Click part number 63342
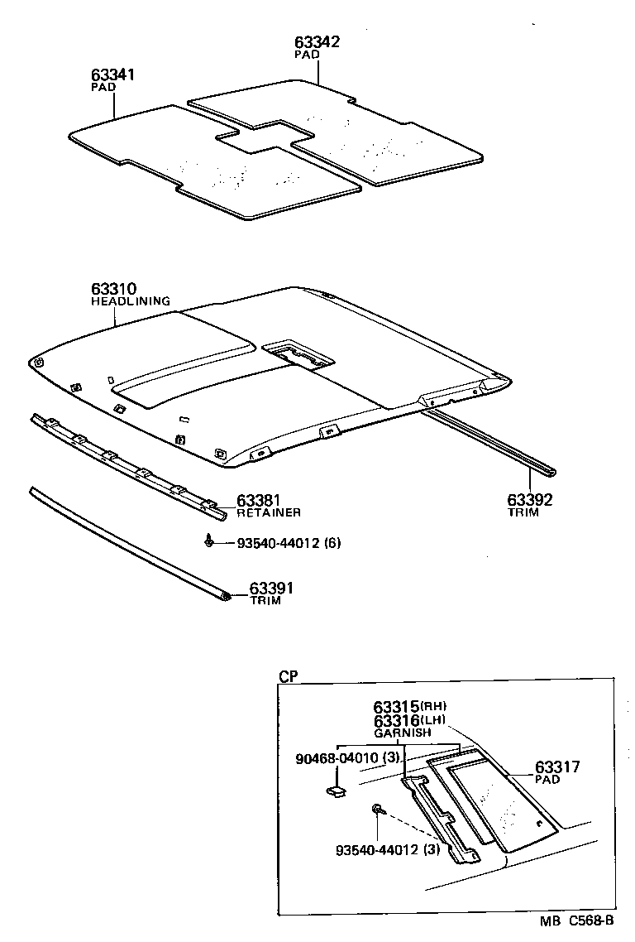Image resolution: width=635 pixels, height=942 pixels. pos(317,42)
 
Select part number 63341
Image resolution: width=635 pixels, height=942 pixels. pos(112,75)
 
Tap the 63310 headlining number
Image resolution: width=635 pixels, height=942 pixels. pos(113,290)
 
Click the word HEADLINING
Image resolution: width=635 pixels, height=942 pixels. pos(130,302)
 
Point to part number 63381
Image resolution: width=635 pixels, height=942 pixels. pos(259,501)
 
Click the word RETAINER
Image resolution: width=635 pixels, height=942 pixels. pos(269,513)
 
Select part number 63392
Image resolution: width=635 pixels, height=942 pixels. pos(529,500)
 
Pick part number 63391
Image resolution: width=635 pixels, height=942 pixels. pos(272,589)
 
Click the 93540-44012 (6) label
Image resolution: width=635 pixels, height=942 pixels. pos(289,544)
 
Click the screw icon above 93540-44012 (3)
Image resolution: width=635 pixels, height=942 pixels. pos(378,809)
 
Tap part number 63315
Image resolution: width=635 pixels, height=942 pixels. pos(396,707)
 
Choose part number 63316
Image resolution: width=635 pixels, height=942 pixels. pos(396,721)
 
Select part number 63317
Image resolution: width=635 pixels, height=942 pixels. pos(557,767)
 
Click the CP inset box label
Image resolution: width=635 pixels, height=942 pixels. pos(288,676)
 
